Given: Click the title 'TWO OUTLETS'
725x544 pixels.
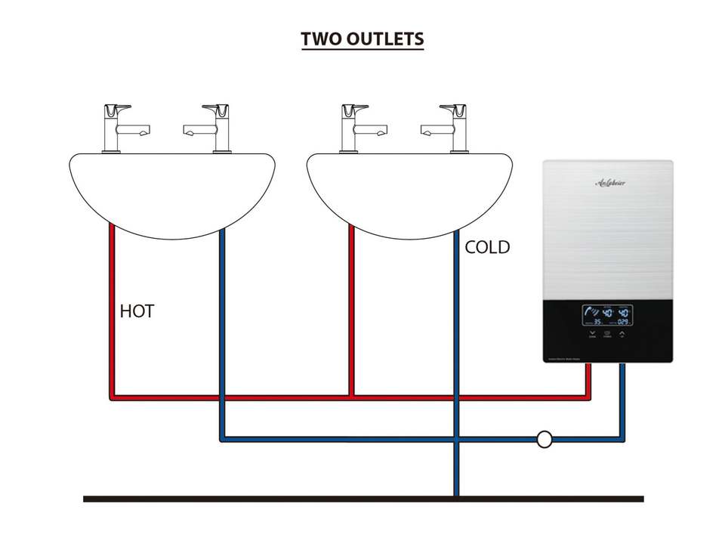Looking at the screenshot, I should click(x=362, y=39).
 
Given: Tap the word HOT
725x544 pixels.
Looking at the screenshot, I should click(x=137, y=311).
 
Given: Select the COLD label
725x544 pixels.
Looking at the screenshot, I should click(x=487, y=247).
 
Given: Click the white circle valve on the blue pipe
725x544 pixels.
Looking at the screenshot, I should click(x=545, y=438).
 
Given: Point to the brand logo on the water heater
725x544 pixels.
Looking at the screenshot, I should click(x=609, y=182).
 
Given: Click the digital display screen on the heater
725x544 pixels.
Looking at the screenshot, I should click(x=606, y=316).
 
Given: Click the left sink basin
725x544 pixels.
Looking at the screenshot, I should click(x=172, y=189).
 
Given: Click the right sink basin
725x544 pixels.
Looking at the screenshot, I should click(x=409, y=189).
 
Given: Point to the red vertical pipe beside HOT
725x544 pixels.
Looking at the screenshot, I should click(x=112, y=310).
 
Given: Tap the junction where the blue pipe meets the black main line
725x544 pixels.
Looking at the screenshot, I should click(x=456, y=496).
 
